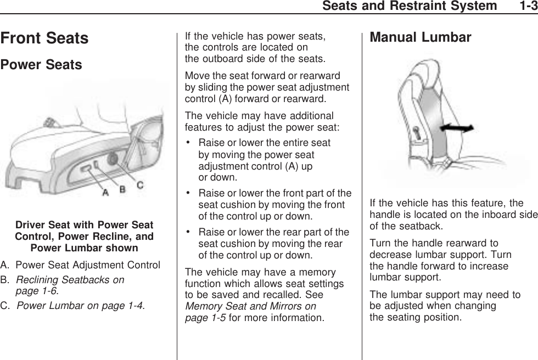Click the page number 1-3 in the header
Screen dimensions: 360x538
pyautogui.click(x=525, y=6)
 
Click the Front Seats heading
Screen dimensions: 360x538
pyautogui.click(x=44, y=38)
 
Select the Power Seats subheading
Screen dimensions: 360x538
pyautogui.click(x=41, y=65)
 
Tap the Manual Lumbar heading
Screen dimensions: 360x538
pyautogui.click(x=421, y=37)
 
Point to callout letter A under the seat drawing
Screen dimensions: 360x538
pyautogui.click(x=105, y=193)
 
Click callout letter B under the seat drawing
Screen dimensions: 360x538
pyautogui.click(x=123, y=189)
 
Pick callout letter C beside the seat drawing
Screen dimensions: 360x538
pyautogui.click(x=141, y=185)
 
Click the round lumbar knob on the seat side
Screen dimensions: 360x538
pyautogui.click(x=112, y=160)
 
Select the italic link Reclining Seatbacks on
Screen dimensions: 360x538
pyautogui.click(x=70, y=280)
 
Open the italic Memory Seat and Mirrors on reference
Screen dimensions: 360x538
pyautogui.click(x=251, y=306)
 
